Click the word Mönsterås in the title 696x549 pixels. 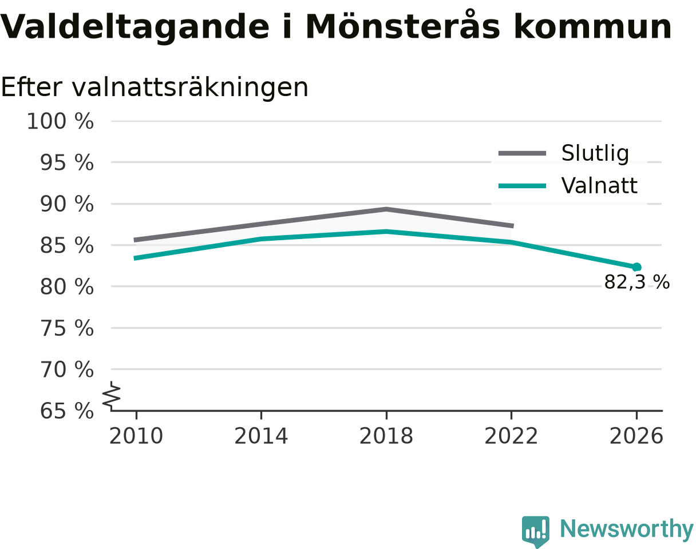pos(402,26)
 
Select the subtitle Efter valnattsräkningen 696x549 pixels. pos(155,87)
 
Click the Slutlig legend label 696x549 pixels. pos(595,153)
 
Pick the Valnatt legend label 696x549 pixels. pos(599,186)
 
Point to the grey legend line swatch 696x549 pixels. pos(523,153)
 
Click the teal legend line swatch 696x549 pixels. pos(523,186)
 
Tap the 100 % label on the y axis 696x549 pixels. pos(60,122)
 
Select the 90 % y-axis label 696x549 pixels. pos(66,204)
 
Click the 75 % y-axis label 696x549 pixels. pos(66,328)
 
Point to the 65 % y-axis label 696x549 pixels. pos(66,411)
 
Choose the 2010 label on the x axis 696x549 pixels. pos(136,436)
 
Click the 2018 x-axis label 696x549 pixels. pos(386,436)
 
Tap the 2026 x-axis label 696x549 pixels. pos(636,436)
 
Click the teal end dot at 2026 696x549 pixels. pos(636,267)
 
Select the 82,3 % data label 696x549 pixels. pos(637,282)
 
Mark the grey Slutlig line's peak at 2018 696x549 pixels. pos(386,209)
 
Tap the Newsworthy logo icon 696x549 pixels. pos(535,530)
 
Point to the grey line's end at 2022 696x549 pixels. pos(513,226)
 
